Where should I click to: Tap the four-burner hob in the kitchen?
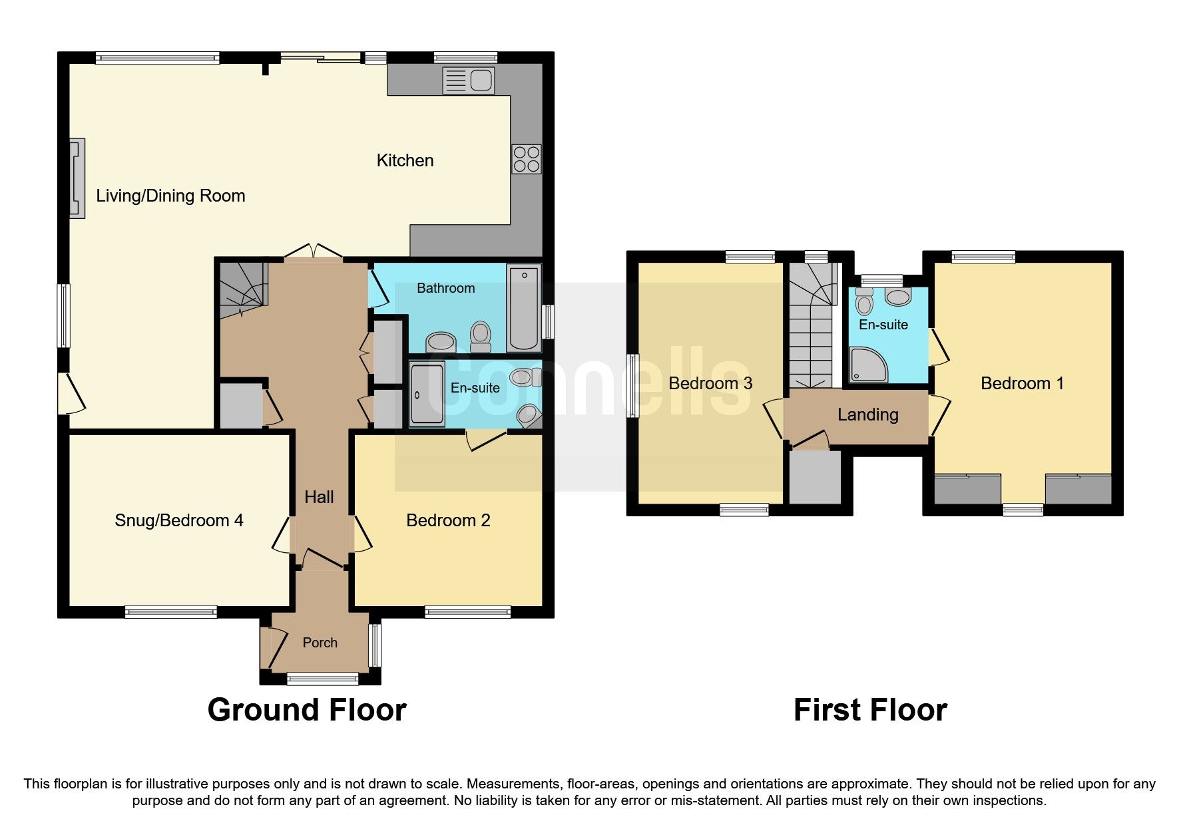pos(526,159)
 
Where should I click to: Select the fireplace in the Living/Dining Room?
pos(78,178)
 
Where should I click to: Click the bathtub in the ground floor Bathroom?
pos(524,307)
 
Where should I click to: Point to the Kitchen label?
pos(405,160)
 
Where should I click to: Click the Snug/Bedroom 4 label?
pos(178,520)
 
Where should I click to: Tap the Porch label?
pos(320,643)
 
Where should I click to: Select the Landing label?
pos(867,415)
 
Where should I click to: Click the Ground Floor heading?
pos(307,710)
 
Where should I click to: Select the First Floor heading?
pos(870,710)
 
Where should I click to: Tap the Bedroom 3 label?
pos(710,383)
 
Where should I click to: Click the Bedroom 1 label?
pos(1022,383)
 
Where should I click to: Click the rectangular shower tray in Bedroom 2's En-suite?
pos(427,393)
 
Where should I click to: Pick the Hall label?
pos(319,497)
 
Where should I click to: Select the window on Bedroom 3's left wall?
pos(633,386)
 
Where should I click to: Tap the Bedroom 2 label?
pos(448,520)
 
